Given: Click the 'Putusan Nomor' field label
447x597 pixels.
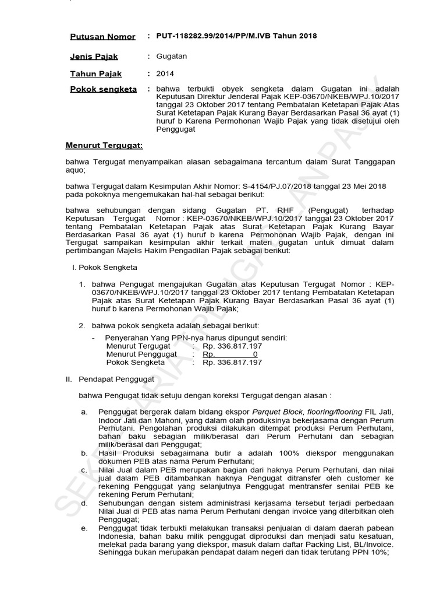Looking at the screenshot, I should click(102, 37).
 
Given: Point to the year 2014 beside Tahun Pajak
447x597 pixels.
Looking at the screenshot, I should click(165, 73).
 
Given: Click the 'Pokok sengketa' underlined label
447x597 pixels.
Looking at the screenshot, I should click(103, 90).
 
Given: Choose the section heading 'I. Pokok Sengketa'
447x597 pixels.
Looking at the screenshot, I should click(100, 267).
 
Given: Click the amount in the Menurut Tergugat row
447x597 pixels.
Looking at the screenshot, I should click(232, 346).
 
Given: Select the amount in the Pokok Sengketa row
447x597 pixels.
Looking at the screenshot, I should click(232, 362).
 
